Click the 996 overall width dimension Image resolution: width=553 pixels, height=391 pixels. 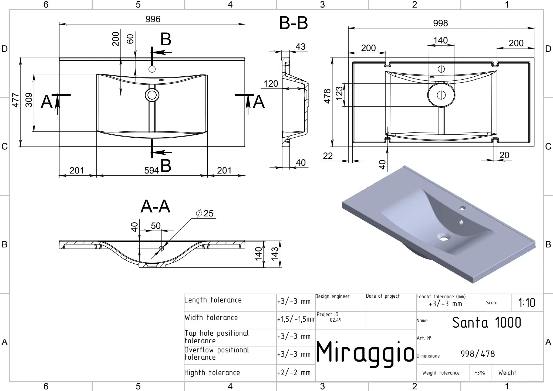tap(153, 19)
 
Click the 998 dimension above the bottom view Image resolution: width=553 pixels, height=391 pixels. tap(440, 23)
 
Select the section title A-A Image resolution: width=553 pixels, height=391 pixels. tap(155, 207)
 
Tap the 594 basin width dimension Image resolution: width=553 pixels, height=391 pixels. tap(151, 171)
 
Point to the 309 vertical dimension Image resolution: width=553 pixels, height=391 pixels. tap(29, 100)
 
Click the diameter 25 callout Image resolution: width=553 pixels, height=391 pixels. tap(205, 213)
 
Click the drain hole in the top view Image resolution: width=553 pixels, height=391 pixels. tap(152, 95)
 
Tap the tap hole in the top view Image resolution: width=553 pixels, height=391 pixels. tap(152, 69)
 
